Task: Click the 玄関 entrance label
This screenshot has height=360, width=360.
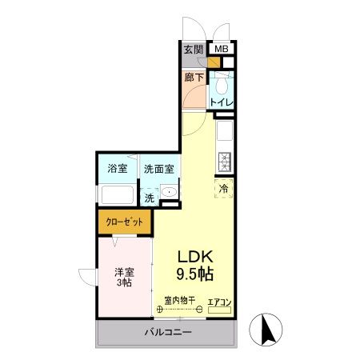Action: click(193, 50)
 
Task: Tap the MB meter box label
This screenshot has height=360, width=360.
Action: click(222, 50)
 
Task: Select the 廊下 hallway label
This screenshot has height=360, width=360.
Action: click(194, 78)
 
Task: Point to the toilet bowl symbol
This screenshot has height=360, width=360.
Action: click(222, 82)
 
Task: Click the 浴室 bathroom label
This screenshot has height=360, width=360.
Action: click(117, 169)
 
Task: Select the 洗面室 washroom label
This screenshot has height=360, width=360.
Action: click(159, 169)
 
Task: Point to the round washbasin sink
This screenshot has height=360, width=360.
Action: click(169, 192)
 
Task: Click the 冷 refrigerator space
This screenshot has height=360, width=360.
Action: click(224, 187)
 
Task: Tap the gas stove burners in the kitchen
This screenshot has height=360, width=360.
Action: click(225, 161)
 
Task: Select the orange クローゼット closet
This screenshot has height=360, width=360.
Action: click(124, 222)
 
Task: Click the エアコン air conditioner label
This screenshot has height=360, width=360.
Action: click(219, 302)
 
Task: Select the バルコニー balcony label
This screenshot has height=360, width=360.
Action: click(169, 331)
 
